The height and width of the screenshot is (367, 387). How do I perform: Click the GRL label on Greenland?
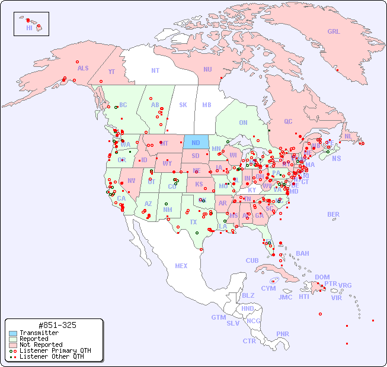(334, 32)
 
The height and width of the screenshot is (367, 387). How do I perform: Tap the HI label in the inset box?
(29, 28)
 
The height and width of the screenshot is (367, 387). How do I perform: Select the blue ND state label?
(196, 143)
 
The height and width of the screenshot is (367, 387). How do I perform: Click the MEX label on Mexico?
(181, 266)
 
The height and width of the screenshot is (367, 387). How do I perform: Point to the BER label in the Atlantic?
(333, 214)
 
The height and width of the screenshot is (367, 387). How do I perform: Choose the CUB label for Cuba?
(252, 260)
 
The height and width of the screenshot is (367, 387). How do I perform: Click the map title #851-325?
(57, 326)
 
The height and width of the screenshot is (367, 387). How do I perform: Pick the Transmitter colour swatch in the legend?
(13, 333)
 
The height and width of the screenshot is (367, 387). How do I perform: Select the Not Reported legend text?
(41, 345)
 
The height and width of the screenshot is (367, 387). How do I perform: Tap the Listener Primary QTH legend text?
(55, 350)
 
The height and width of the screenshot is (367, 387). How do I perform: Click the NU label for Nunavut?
(207, 69)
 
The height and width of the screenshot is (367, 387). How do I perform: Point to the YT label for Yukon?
(111, 72)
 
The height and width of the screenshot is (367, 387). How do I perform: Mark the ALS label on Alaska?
(83, 68)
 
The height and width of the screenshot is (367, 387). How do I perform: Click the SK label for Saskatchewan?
(183, 105)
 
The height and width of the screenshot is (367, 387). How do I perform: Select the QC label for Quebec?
(288, 121)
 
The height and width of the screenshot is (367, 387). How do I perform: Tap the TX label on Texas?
(193, 222)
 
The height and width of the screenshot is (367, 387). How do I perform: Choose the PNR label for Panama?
(283, 334)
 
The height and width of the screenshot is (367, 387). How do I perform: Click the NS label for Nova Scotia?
(337, 158)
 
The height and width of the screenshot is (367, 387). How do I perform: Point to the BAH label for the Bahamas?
(302, 253)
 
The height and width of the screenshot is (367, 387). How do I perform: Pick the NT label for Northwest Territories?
(155, 70)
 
